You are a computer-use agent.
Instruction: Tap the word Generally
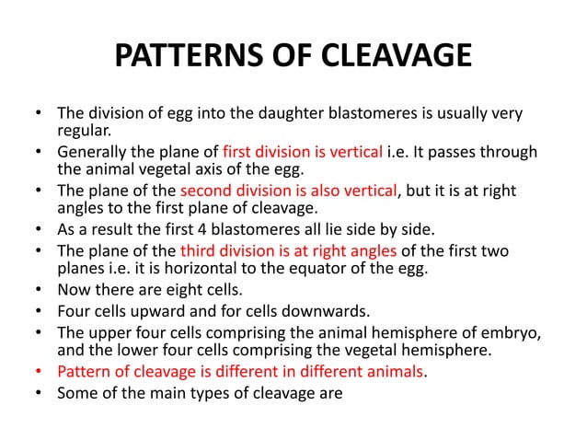95,151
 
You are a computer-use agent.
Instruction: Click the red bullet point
38,371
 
